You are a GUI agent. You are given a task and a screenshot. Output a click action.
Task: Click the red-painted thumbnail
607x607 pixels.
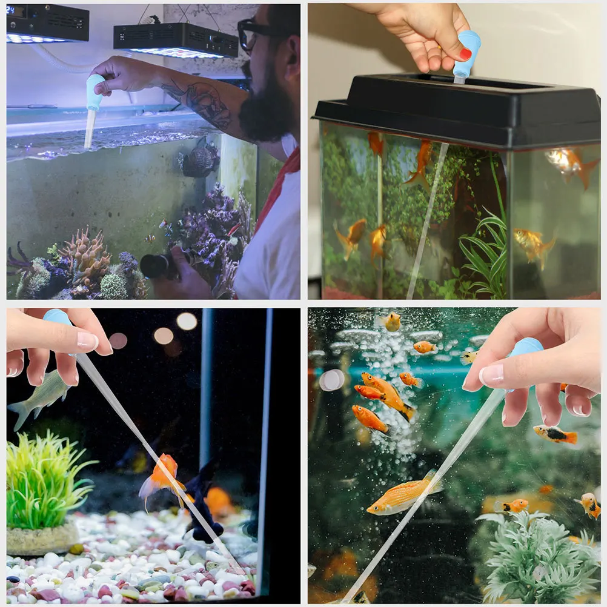point(465,54)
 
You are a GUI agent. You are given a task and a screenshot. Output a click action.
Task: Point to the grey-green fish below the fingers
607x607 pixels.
point(40,397)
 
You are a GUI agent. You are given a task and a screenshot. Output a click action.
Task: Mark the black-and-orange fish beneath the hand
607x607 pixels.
point(555,434)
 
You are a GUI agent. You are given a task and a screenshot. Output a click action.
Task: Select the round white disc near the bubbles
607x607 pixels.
point(331,380)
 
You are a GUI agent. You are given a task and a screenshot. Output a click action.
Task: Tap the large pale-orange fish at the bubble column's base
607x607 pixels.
point(402,494)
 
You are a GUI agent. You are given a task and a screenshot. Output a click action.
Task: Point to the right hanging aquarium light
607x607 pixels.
point(176,41)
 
